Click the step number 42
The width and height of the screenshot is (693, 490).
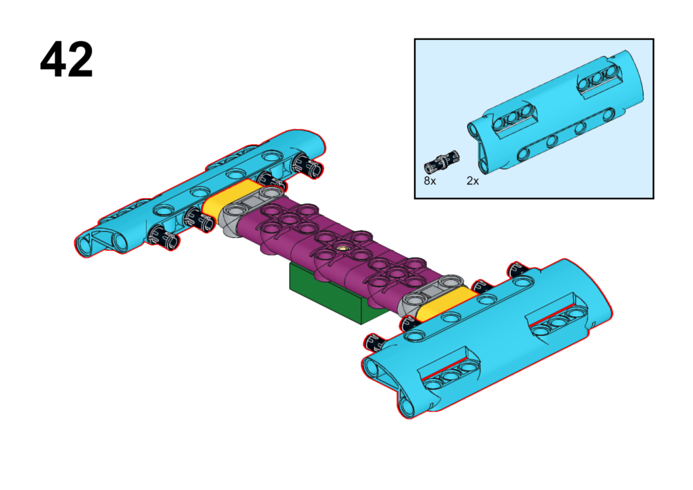click(67, 59)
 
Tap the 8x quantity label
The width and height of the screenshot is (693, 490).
click(430, 181)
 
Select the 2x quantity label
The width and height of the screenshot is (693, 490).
click(472, 181)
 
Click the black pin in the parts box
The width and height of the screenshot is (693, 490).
click(441, 162)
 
